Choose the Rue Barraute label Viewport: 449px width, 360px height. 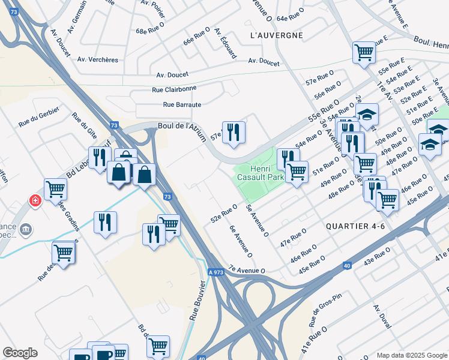[x=181, y=104]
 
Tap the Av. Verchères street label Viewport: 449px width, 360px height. [x=100, y=59]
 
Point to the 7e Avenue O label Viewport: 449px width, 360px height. [x=246, y=271]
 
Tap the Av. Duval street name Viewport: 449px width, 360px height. [x=382, y=316]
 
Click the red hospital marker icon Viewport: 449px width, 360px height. [x=35, y=200]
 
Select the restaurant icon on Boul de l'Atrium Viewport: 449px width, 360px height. [x=234, y=132]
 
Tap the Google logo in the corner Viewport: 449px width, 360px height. [x=20, y=353]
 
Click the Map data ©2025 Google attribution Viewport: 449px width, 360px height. [x=411, y=355]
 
